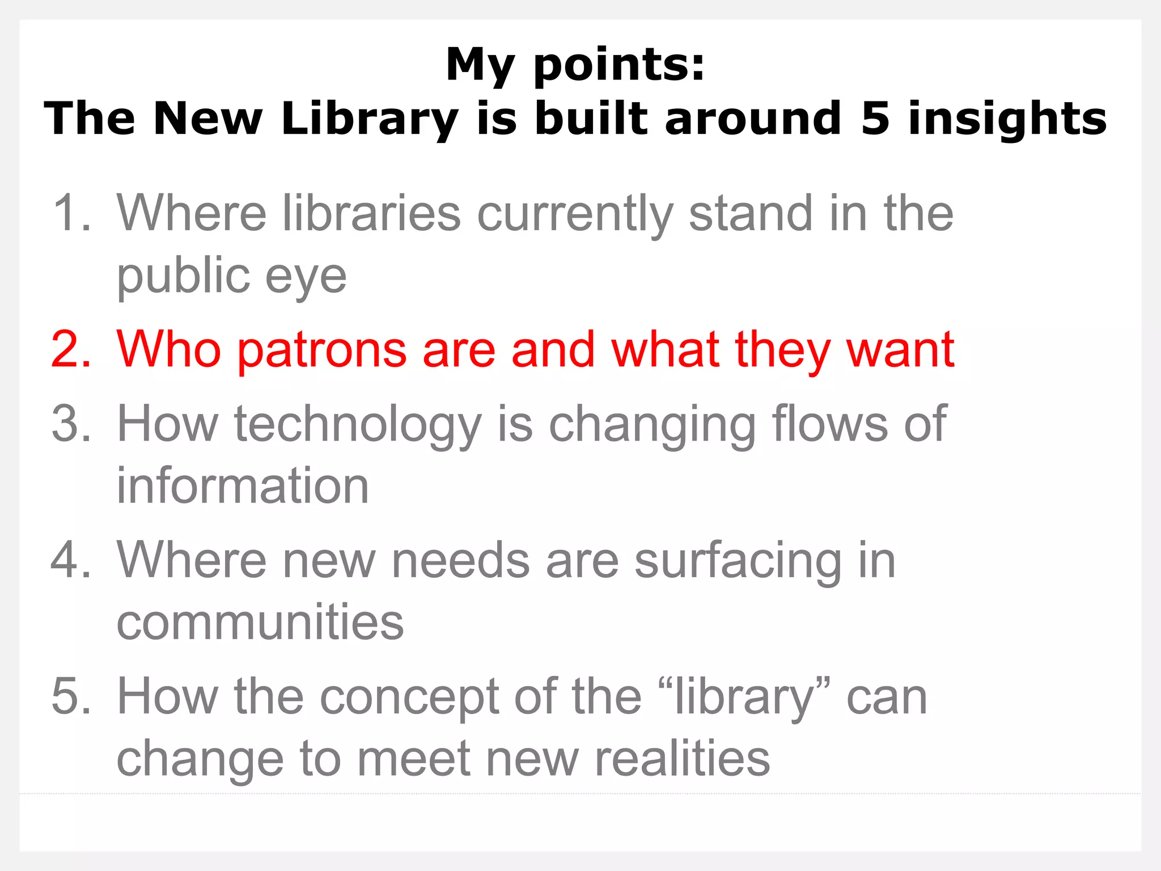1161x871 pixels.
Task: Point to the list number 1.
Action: tap(71, 213)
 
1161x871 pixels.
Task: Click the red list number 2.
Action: tap(71, 349)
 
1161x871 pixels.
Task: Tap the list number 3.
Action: tap(71, 424)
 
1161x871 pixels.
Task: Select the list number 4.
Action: tap(71, 560)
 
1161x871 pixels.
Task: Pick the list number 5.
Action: tap(71, 696)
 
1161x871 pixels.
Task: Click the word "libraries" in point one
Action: tap(371, 213)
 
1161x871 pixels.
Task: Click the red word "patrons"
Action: tap(322, 350)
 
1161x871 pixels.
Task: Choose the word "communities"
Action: tap(260, 622)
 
